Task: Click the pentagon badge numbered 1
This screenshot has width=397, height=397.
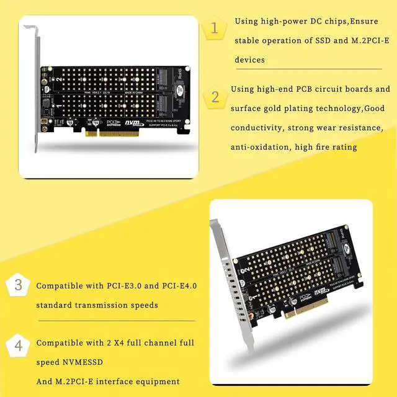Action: tap(215, 29)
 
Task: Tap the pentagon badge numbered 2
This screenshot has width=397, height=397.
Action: tap(215, 97)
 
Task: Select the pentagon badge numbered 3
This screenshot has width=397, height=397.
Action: tap(18, 286)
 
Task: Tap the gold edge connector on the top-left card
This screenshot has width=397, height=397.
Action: tap(112, 132)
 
